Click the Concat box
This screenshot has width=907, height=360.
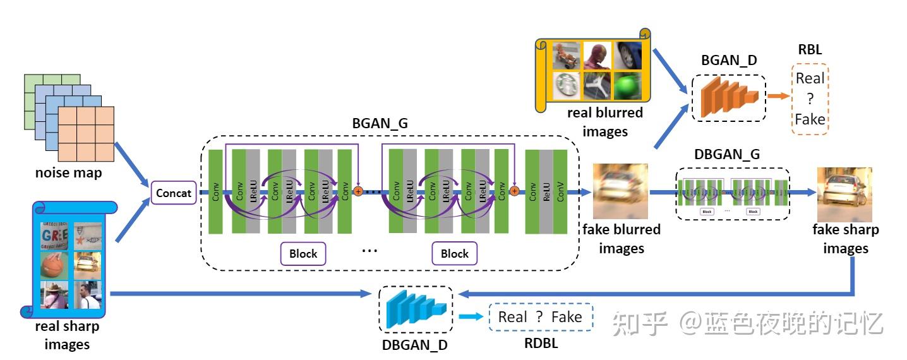click(x=174, y=193)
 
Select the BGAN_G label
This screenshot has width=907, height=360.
click(x=380, y=123)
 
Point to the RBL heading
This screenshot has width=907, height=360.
click(x=810, y=49)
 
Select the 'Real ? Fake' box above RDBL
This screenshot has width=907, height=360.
click(x=541, y=317)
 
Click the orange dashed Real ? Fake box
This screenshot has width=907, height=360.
click(x=810, y=99)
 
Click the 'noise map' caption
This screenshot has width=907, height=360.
click(x=69, y=172)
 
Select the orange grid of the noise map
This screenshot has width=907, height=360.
click(x=86, y=134)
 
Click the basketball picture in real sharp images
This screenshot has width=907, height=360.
click(x=53, y=265)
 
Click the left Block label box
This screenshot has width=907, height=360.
click(x=303, y=254)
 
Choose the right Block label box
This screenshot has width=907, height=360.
click(x=454, y=254)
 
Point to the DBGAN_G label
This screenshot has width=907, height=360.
click(x=727, y=154)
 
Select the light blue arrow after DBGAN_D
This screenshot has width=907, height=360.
click(x=472, y=317)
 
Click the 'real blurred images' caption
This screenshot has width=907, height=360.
click(x=604, y=122)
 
